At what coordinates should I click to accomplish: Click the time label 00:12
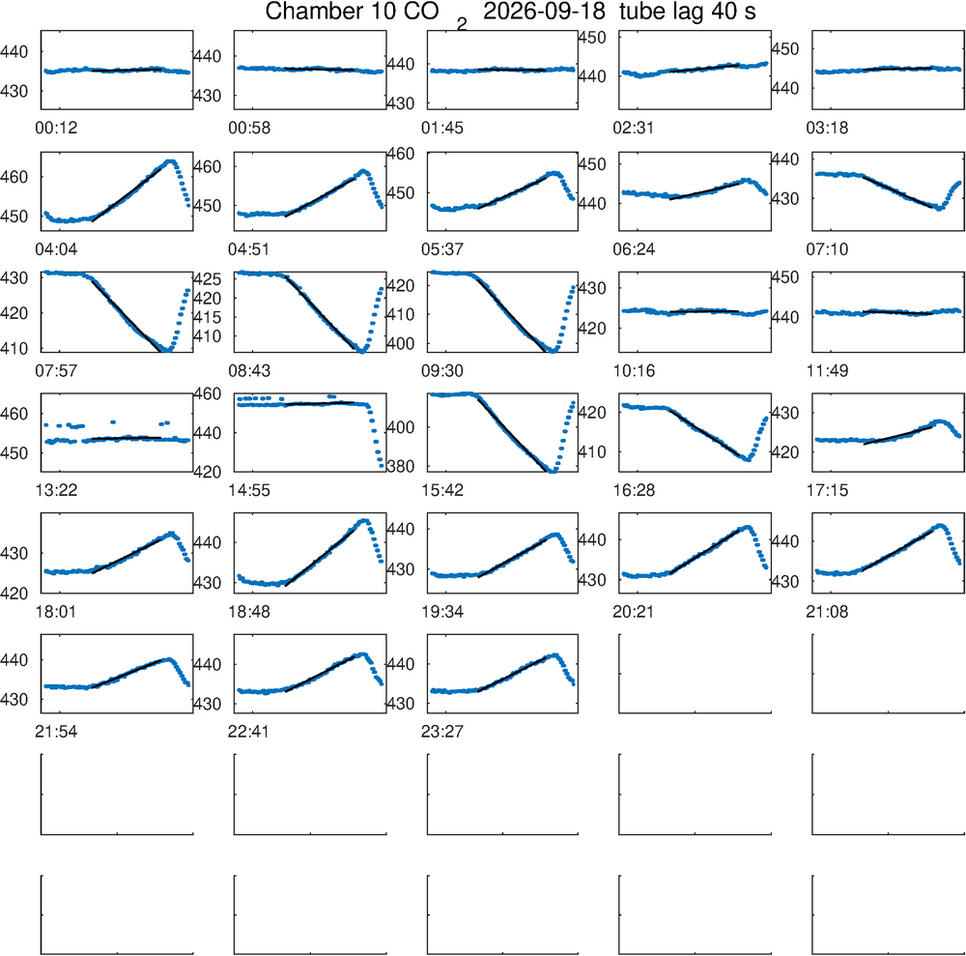coord(56,129)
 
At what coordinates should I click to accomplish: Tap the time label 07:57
coord(56,371)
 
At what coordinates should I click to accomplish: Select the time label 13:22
coord(56,491)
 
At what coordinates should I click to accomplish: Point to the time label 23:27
coord(442,732)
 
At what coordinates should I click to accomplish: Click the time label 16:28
coord(634,491)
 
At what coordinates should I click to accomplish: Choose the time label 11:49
coord(828,371)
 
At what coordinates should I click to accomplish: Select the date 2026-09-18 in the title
coord(535,11)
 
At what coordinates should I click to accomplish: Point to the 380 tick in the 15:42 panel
coord(401,467)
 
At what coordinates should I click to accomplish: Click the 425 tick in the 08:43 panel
coord(208,279)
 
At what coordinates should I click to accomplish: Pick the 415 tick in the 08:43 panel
coord(208,317)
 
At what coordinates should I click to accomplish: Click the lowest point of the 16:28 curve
coord(748,459)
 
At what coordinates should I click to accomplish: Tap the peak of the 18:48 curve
coord(364,521)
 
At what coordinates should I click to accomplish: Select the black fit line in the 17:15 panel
coord(898,435)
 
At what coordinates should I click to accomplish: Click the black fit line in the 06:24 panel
coord(704,190)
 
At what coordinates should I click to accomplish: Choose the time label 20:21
coord(634,612)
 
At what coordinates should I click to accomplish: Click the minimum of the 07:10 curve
coord(939,209)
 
